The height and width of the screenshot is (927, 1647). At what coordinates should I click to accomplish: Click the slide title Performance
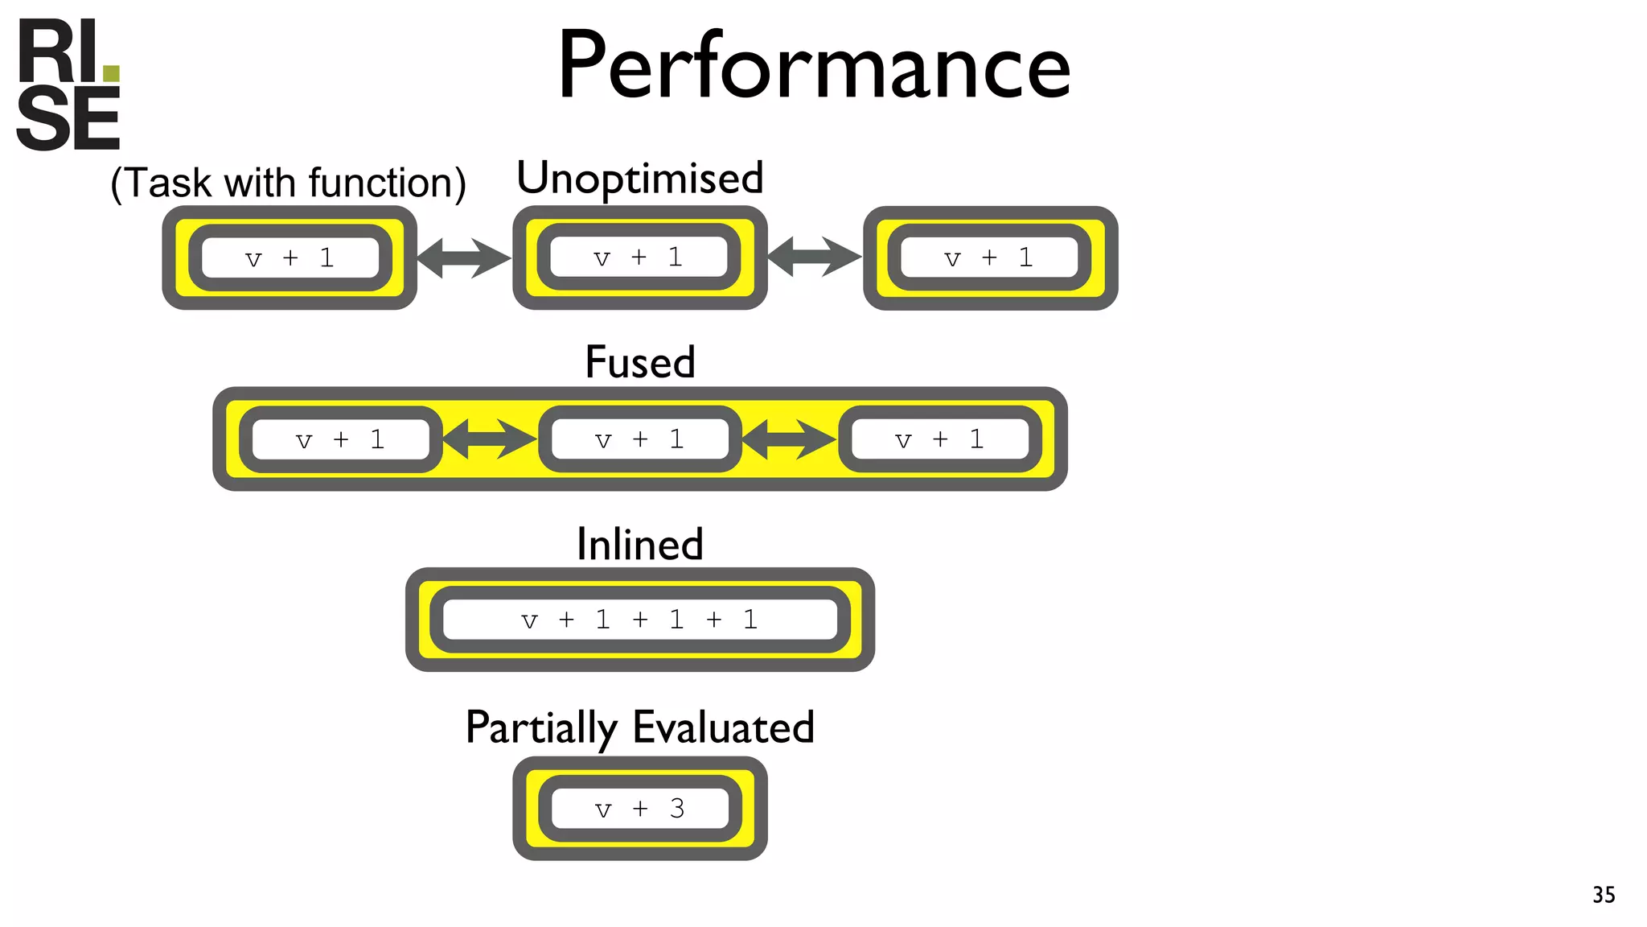coord(814,66)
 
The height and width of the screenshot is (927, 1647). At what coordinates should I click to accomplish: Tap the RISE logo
coord(68,85)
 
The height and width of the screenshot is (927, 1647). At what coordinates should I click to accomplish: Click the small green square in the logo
coord(111,74)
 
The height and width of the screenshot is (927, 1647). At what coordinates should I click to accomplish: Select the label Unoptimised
coord(639,178)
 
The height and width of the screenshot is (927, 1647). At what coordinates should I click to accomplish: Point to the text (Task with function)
coord(288,183)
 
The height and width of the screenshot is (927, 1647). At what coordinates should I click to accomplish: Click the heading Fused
coord(639,362)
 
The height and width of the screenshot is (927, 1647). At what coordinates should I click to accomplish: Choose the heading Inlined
coord(639,544)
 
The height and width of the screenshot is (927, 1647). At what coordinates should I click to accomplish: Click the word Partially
coord(540,728)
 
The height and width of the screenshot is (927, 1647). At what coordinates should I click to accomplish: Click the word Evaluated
coord(723,727)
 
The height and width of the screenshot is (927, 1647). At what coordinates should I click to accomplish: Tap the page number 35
coord(1604,895)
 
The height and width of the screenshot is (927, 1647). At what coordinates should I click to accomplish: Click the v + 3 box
coord(639,809)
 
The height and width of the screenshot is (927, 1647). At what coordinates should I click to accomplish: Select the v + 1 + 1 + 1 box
coord(639,620)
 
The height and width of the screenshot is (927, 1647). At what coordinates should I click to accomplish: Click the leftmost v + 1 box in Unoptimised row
coord(290,258)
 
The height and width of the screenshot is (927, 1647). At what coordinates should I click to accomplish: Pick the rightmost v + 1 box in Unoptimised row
coord(989,258)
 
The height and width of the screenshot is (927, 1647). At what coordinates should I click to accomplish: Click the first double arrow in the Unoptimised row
coord(464,258)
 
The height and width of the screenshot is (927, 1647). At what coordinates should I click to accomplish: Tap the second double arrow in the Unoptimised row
coord(814,257)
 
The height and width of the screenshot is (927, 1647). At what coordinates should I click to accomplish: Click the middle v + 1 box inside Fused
coord(639,439)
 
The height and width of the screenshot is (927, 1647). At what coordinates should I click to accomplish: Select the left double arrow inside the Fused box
coord(489,439)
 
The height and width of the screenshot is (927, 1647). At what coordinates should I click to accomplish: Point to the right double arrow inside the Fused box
coord(788,439)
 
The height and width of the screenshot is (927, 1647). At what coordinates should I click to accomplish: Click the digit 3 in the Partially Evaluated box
coord(677,809)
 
